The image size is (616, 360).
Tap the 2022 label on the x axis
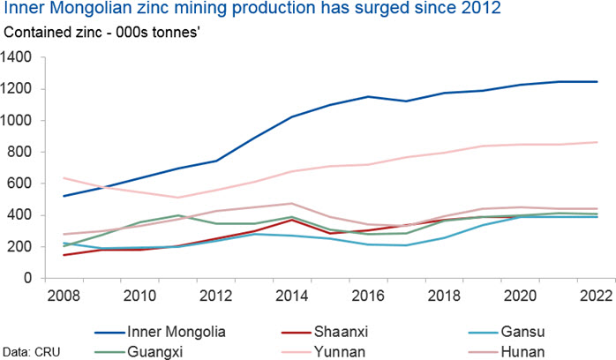click(x=598, y=293)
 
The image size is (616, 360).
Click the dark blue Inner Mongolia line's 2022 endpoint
click(x=597, y=82)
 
